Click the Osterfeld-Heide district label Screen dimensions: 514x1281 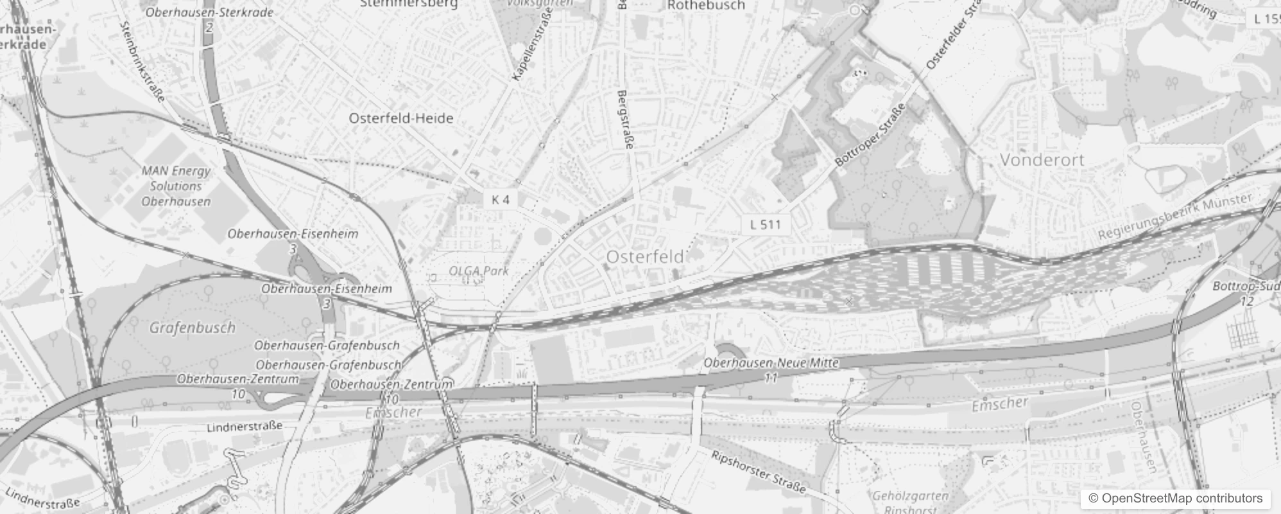coord(401,118)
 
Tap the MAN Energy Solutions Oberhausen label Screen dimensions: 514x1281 coord(176,186)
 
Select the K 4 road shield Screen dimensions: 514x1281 coord(501,200)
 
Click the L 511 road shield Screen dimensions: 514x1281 coord(765,224)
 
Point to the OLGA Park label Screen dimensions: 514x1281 coord(479,271)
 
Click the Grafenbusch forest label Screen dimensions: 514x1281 coord(193,328)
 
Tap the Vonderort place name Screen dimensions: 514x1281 coord(1042,160)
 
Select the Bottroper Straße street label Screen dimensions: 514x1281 coord(871,136)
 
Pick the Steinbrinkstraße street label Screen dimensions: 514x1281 coord(142,62)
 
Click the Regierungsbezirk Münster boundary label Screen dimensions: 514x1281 coord(1174,217)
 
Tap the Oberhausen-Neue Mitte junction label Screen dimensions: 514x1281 coord(771,363)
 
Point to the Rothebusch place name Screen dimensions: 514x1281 coord(706,6)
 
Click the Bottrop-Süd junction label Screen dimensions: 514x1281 coord(1246,287)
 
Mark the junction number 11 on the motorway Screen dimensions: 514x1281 coord(771,378)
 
